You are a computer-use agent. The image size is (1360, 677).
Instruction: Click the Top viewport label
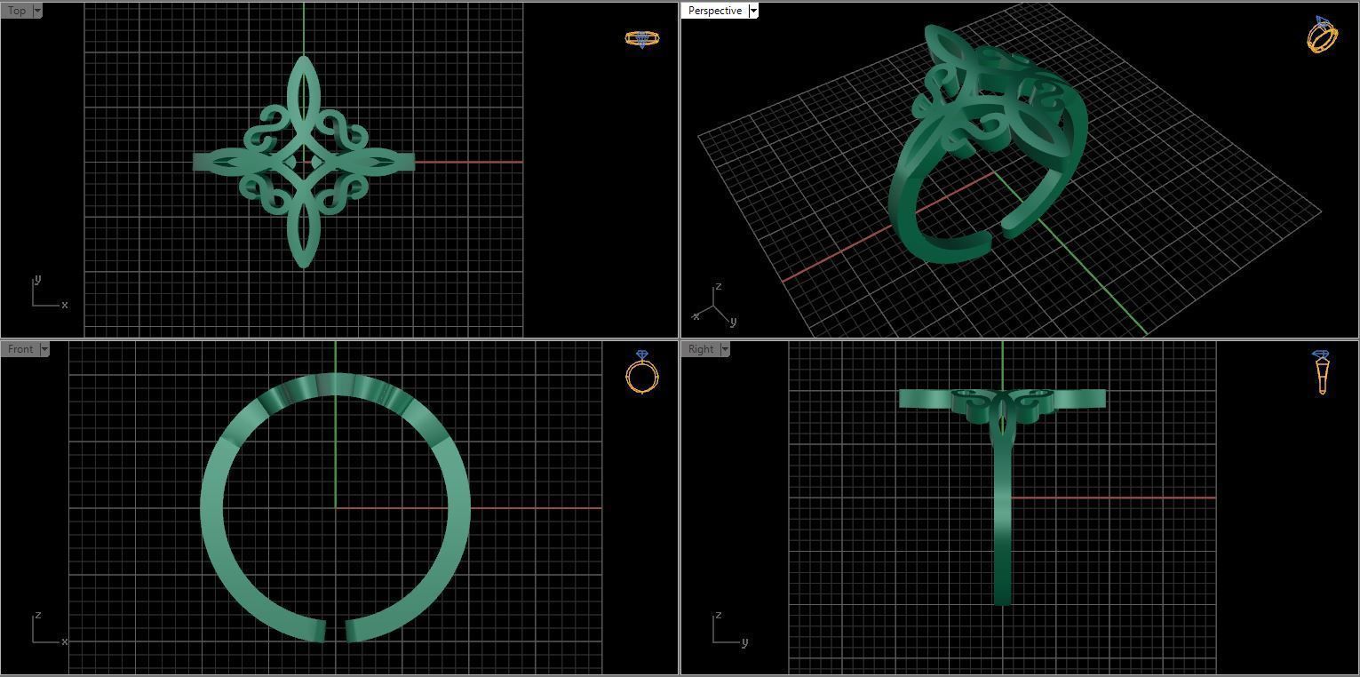click(16, 11)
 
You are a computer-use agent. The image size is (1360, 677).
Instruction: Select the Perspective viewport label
click(714, 11)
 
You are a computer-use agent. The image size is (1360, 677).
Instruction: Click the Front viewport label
click(20, 349)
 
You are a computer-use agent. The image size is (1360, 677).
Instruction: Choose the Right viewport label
click(700, 349)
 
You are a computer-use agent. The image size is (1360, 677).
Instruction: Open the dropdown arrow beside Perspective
click(753, 11)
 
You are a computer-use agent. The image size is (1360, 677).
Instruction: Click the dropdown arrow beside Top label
click(37, 11)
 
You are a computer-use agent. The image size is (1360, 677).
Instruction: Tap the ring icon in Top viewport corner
click(641, 38)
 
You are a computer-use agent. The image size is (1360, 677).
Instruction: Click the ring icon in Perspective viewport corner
click(1322, 35)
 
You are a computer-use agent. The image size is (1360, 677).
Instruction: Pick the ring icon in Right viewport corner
click(1322, 371)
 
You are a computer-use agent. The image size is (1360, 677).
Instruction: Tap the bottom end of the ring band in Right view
click(1002, 601)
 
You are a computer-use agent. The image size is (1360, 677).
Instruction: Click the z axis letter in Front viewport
click(36, 615)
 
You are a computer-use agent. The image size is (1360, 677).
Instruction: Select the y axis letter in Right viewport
click(744, 641)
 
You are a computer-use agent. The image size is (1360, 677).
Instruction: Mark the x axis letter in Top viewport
click(64, 305)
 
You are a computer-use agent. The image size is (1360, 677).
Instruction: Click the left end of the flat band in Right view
click(903, 399)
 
